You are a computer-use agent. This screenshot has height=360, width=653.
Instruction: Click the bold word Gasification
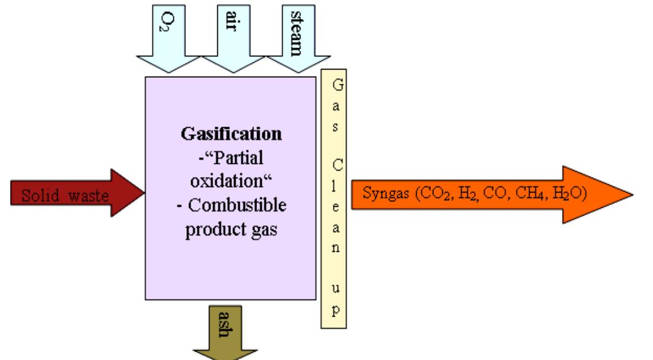(231, 134)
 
